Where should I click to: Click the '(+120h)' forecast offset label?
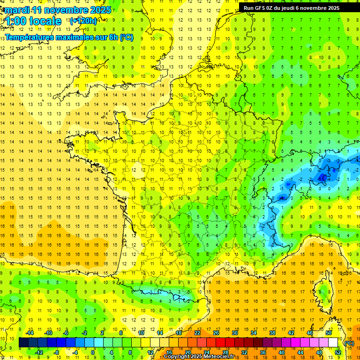point(83,21)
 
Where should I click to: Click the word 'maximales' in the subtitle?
point(75,37)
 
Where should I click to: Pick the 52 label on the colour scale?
point(337,352)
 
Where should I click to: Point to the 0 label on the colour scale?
point(93,352)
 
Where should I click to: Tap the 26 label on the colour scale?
point(216,333)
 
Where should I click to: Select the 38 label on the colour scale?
point(272,333)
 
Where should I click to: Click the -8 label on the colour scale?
point(56,352)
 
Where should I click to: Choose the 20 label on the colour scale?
point(187,352)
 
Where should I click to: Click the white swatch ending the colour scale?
point(333,343)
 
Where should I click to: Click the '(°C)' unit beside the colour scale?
point(349,343)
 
